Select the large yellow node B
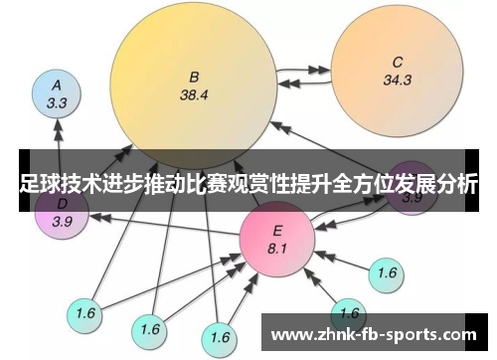pyautogui.click(x=194, y=85)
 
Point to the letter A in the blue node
pyautogui.click(x=57, y=85)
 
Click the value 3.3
pyautogui.click(x=57, y=102)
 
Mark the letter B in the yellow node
pyautogui.click(x=195, y=76)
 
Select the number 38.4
pyautogui.click(x=194, y=95)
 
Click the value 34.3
pyautogui.click(x=397, y=80)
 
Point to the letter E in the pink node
pyautogui.click(x=277, y=230)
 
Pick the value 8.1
pyautogui.click(x=277, y=248)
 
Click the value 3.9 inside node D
pyautogui.click(x=62, y=221)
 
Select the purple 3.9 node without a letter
pyautogui.click(x=411, y=189)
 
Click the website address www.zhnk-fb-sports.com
pyautogui.click(x=373, y=333)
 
